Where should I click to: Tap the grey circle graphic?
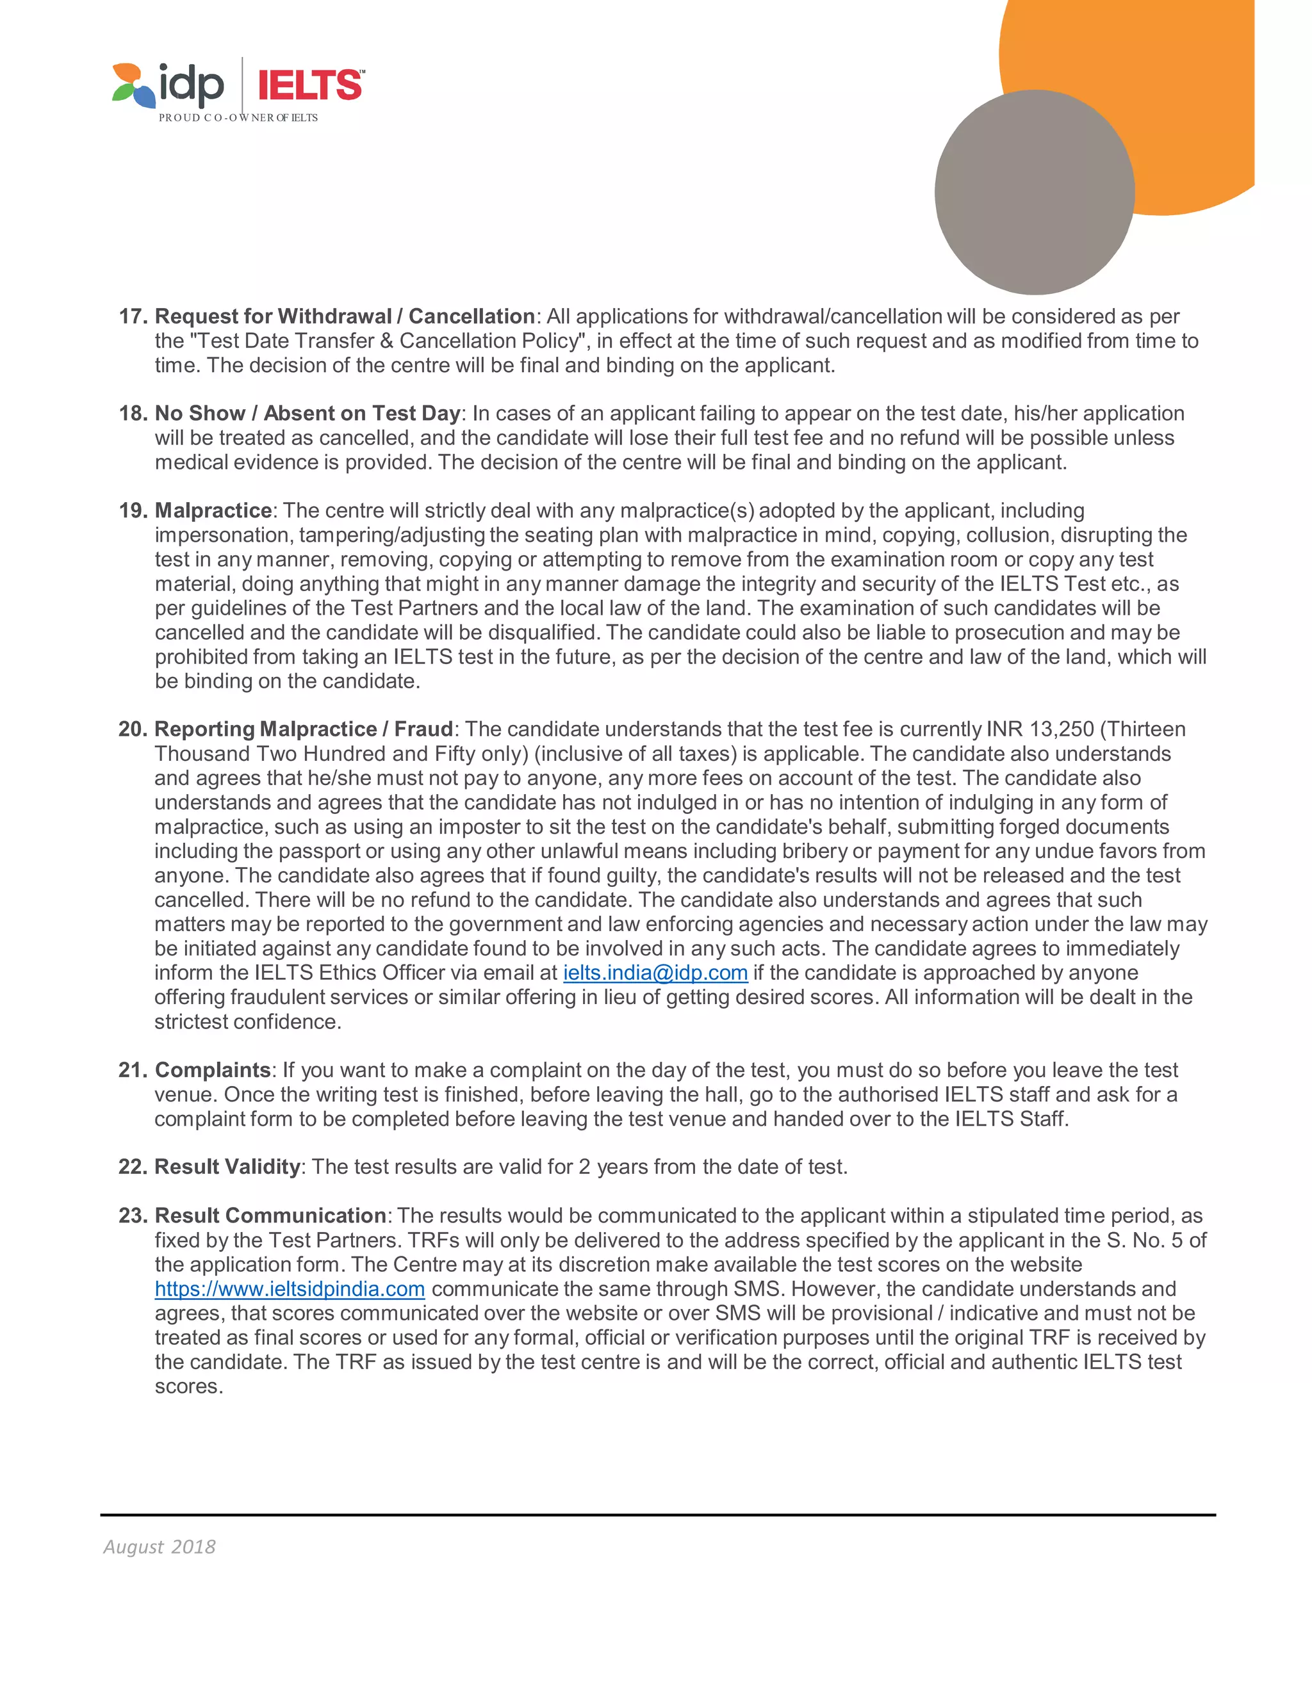click(1034, 192)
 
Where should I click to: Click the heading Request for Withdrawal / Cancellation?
click(344, 316)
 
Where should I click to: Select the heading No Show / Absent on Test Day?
click(307, 414)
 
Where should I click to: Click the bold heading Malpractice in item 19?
click(213, 510)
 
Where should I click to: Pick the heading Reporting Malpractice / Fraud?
click(303, 729)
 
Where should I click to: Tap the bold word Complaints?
click(212, 1070)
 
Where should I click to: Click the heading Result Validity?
click(227, 1167)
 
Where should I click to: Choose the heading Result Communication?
click(270, 1215)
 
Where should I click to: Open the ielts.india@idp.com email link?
click(655, 973)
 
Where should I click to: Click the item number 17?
click(132, 316)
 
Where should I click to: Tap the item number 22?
click(132, 1167)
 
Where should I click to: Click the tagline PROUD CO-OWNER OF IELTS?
click(238, 117)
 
